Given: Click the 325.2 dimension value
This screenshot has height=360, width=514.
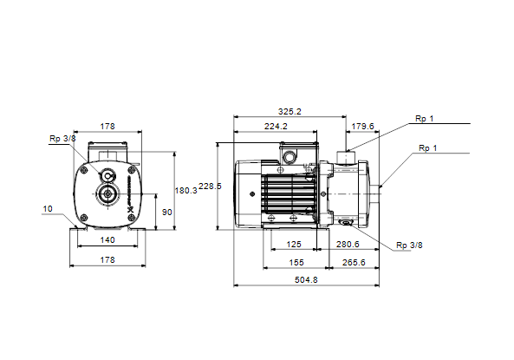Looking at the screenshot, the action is click(x=290, y=112).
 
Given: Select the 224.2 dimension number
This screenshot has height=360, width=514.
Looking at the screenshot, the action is click(x=276, y=127).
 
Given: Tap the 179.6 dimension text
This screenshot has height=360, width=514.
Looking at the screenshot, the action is click(x=362, y=127).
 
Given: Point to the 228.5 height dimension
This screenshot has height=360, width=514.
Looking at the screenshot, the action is click(x=210, y=187).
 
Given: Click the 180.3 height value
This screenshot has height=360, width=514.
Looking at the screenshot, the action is click(x=185, y=191).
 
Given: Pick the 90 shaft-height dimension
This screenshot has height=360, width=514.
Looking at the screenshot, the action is click(x=166, y=213).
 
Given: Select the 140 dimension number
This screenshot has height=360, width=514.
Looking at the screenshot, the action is click(x=107, y=240).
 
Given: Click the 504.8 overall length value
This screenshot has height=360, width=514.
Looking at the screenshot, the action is click(x=306, y=280).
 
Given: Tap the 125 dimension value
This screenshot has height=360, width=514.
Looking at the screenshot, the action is click(x=294, y=245).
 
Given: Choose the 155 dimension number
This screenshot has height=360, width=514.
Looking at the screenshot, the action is click(x=296, y=263).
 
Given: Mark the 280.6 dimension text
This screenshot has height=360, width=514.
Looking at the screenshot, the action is click(x=348, y=245).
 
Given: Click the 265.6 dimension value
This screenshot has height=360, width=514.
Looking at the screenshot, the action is click(x=354, y=263).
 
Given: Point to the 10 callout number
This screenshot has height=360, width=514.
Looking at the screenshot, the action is click(x=48, y=209).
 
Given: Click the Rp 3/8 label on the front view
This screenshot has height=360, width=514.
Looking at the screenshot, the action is click(x=62, y=139).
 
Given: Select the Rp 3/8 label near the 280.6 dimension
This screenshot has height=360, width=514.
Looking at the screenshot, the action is click(x=409, y=245).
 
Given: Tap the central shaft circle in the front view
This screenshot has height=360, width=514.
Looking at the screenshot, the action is click(x=107, y=194).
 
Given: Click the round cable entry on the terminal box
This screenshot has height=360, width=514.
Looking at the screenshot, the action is click(x=290, y=157).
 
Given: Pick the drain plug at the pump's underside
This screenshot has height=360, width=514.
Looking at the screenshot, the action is click(x=346, y=224).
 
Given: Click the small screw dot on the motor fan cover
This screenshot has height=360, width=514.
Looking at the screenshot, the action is click(x=252, y=194).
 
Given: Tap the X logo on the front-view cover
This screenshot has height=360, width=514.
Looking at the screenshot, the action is click(x=130, y=209).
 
